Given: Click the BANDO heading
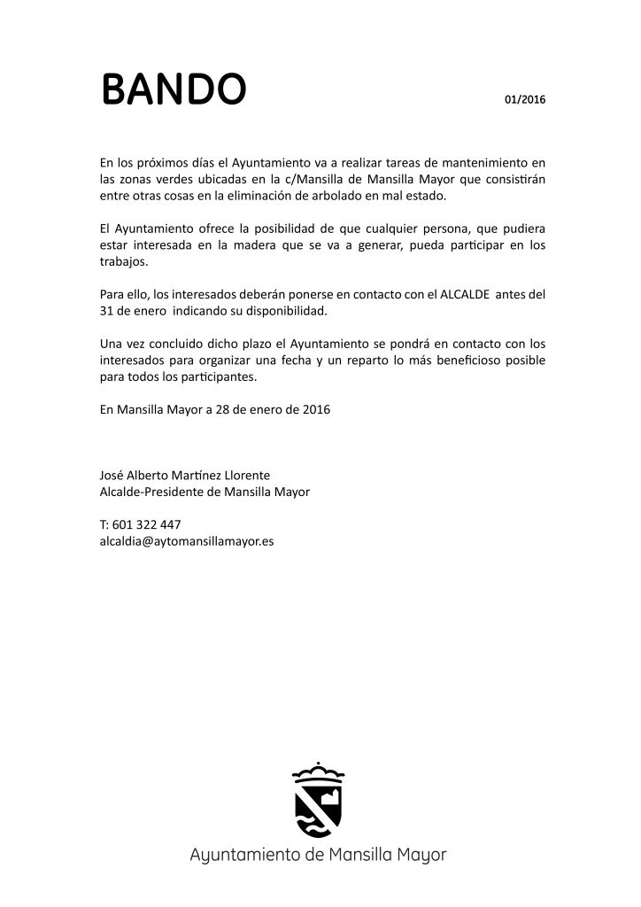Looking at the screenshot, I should click(173, 89).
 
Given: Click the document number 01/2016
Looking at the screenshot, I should click(525, 99).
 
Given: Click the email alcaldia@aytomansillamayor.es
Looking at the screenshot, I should click(186, 539).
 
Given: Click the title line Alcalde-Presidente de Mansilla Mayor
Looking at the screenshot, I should click(205, 492).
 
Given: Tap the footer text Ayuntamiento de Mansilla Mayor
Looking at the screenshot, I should click(319, 856).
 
